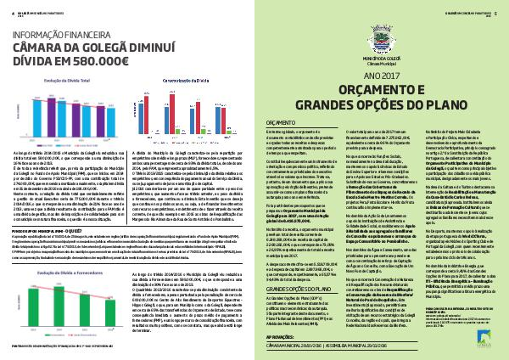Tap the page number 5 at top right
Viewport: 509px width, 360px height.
click(x=501, y=12)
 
